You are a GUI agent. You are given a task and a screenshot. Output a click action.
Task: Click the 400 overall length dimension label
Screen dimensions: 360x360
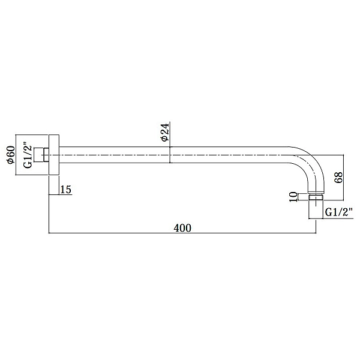tap(182, 228)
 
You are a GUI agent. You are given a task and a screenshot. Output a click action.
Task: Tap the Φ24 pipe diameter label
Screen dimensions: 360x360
tap(165, 132)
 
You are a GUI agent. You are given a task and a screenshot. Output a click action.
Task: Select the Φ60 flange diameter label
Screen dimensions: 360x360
tap(11, 155)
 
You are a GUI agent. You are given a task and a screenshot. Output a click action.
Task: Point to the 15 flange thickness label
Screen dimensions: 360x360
tap(65, 190)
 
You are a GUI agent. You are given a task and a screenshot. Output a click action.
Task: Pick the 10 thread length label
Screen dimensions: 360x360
tap(293, 197)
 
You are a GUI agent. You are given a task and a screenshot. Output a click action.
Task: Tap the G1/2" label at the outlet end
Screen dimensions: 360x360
tap(338, 213)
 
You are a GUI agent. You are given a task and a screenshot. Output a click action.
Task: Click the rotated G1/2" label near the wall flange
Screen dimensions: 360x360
tap(28, 157)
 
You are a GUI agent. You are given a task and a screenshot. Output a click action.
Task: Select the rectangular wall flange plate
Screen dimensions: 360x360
tap(54, 155)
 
